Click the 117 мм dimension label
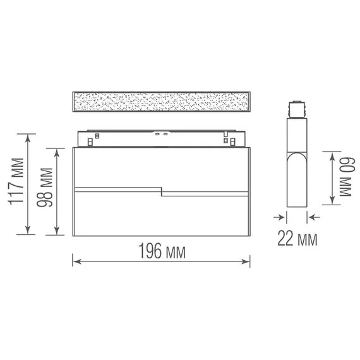[x=16, y=181]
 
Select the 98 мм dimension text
[x=45, y=188]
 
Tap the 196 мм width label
[x=162, y=251]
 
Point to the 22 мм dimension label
[x=297, y=239]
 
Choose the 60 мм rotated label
[x=347, y=177]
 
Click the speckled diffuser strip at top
[x=162, y=102]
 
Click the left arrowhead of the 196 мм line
[x=76, y=261]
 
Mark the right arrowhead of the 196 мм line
[x=246, y=261]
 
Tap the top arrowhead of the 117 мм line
[x=28, y=138]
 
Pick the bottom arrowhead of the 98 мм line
[x=57, y=231]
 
